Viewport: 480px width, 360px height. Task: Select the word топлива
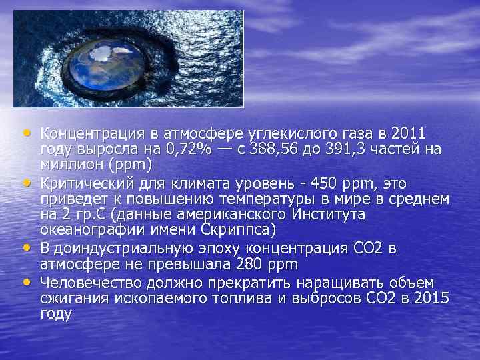click(253, 297)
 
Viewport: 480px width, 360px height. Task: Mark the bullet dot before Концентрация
click(26, 131)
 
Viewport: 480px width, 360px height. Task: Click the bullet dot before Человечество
click(26, 281)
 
